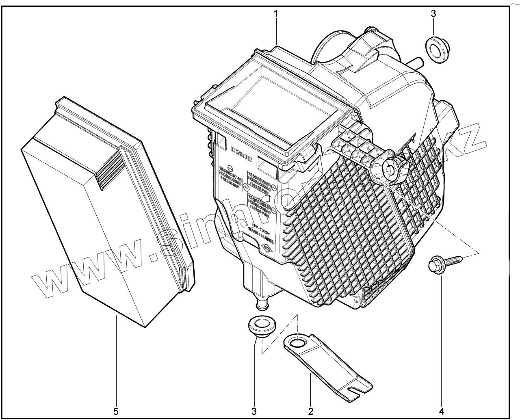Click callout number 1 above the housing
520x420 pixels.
click(x=276, y=14)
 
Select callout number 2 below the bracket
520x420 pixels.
click(x=310, y=411)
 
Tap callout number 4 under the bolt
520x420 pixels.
click(x=440, y=411)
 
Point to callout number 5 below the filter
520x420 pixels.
click(x=116, y=411)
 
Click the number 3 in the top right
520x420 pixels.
click(x=433, y=14)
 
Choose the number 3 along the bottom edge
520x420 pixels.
click(x=254, y=411)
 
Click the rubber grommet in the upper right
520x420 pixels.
click(x=435, y=50)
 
